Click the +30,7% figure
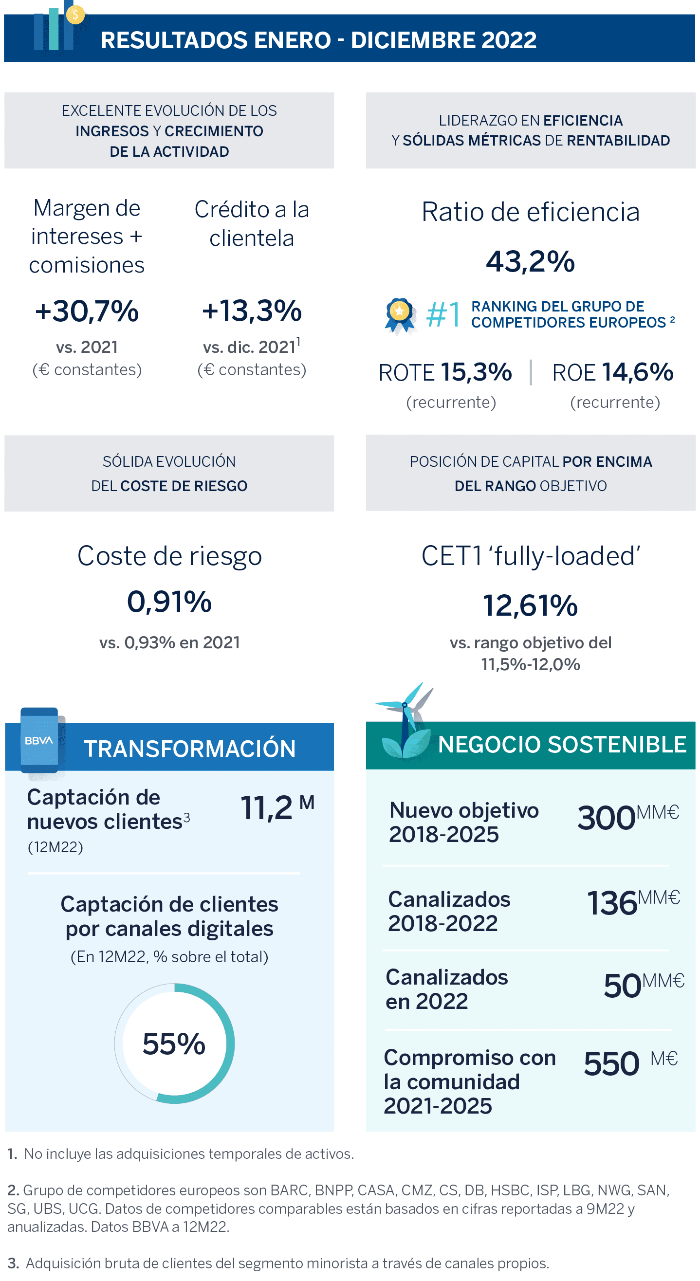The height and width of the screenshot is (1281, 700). click(87, 311)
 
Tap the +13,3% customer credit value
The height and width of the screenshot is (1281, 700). click(252, 311)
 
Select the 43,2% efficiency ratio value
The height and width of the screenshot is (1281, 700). click(530, 261)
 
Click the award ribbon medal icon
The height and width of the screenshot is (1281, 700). click(400, 315)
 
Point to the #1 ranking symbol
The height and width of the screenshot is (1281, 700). click(443, 314)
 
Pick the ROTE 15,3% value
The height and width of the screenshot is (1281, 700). click(476, 372)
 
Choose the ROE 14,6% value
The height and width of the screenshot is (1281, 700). click(638, 372)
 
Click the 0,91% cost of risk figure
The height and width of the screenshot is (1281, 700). click(169, 602)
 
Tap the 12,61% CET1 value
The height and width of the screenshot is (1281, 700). click(530, 605)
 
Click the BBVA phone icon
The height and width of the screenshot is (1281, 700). click(41, 741)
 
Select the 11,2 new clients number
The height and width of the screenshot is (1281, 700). click(267, 807)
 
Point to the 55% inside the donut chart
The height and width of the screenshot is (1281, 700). click(174, 1044)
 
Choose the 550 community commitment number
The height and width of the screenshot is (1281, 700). click(611, 1064)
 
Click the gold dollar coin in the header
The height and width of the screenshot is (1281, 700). click(75, 15)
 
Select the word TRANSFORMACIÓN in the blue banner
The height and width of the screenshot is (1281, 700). click(189, 749)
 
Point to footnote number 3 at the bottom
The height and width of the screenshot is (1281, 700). click(13, 1263)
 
